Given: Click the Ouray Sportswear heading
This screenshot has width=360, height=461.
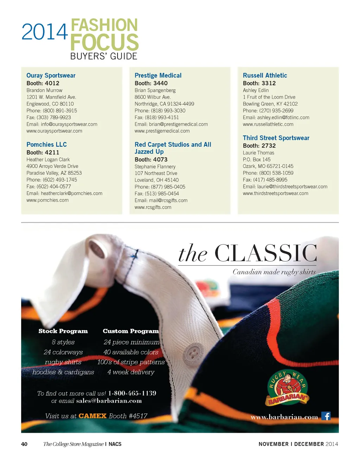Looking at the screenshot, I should tap(51, 75).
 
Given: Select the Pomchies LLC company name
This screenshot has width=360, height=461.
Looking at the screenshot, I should tap(46, 145).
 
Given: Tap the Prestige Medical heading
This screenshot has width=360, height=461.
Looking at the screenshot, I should tap(158, 75).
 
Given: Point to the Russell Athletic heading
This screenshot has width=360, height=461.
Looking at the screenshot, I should tap(265, 75).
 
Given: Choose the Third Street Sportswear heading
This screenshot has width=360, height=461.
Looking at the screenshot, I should tap(276, 138).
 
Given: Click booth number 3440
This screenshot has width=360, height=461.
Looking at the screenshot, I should tap(160, 83).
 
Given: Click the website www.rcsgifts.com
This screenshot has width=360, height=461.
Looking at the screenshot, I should tap(153, 207).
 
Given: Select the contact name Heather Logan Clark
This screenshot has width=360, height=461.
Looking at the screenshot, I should tap(48, 159).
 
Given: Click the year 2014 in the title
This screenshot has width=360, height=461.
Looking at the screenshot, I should tap(45, 32).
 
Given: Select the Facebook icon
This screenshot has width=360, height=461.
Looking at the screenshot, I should tap(326, 416).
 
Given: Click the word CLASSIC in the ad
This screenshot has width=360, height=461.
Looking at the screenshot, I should tap(265, 253).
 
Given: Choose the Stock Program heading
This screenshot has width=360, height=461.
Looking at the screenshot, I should tap(63, 331).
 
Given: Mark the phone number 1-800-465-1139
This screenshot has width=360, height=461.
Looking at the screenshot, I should tap(132, 393).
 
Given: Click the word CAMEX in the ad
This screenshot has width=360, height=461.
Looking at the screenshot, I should tap(92, 416).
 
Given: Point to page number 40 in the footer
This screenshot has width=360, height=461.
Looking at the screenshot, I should tap(24, 444).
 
